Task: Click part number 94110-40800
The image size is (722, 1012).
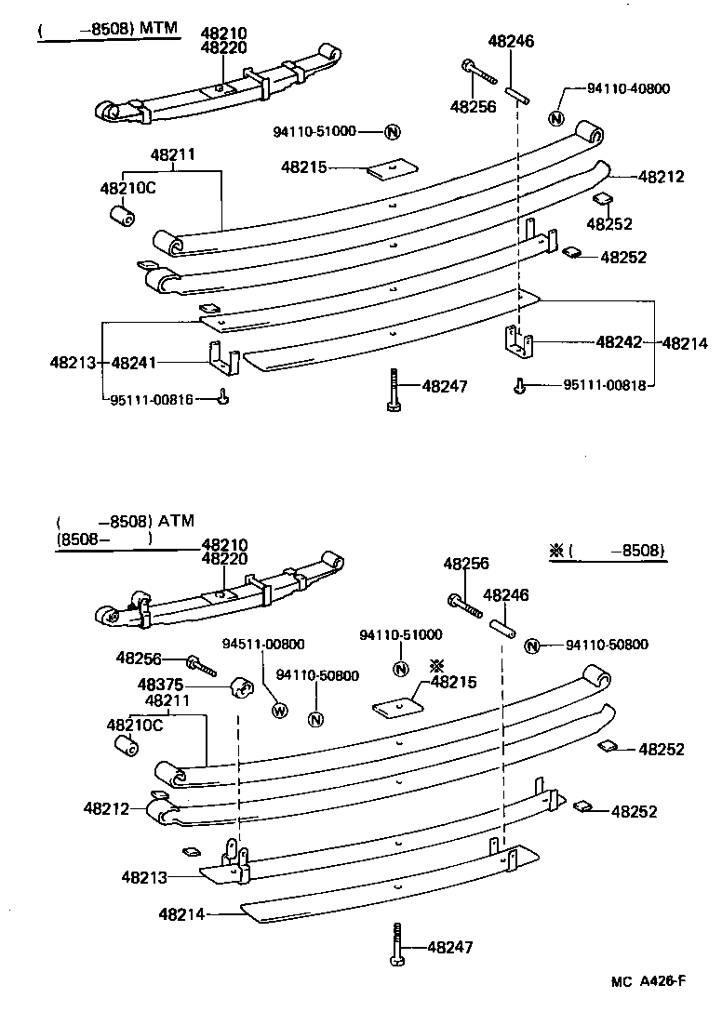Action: (x=628, y=89)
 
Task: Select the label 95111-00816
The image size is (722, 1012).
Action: (x=152, y=399)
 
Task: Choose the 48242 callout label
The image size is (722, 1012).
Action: (x=619, y=343)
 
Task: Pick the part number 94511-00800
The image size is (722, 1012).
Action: (x=263, y=644)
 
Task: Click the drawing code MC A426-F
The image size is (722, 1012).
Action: (x=648, y=980)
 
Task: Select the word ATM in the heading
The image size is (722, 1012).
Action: (x=176, y=521)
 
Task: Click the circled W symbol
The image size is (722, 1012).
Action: (x=277, y=712)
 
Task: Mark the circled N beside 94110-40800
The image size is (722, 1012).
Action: (x=556, y=118)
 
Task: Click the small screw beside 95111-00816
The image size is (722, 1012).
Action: (x=223, y=399)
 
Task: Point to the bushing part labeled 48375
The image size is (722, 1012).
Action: (x=243, y=689)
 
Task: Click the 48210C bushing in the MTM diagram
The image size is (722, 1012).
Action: (x=122, y=216)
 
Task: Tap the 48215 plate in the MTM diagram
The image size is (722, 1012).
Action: (x=391, y=168)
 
